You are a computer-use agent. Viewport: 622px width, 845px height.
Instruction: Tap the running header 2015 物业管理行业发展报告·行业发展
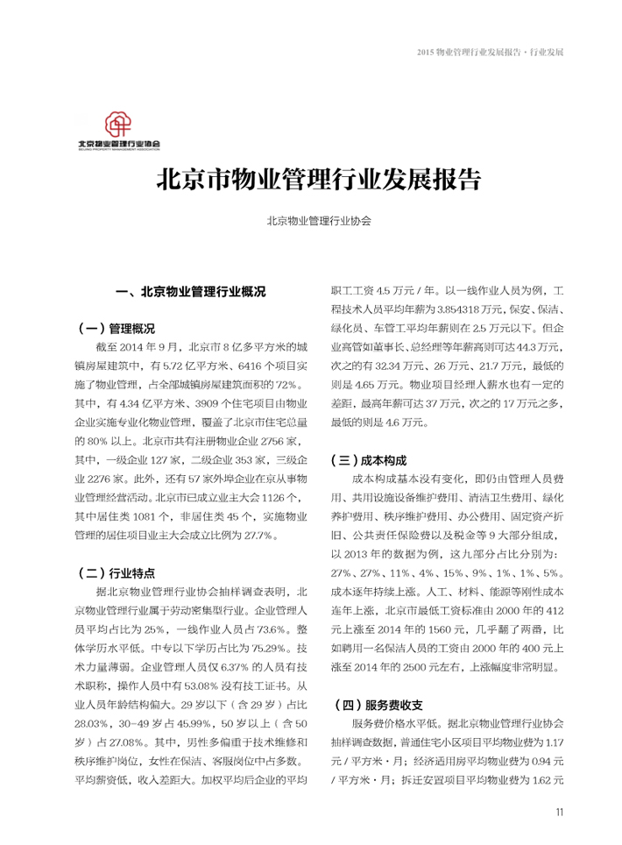point(490,52)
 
